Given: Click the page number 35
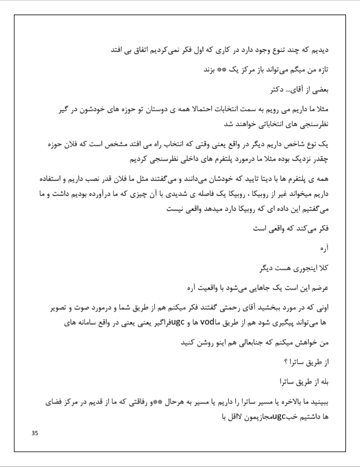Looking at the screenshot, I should click(35, 433).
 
